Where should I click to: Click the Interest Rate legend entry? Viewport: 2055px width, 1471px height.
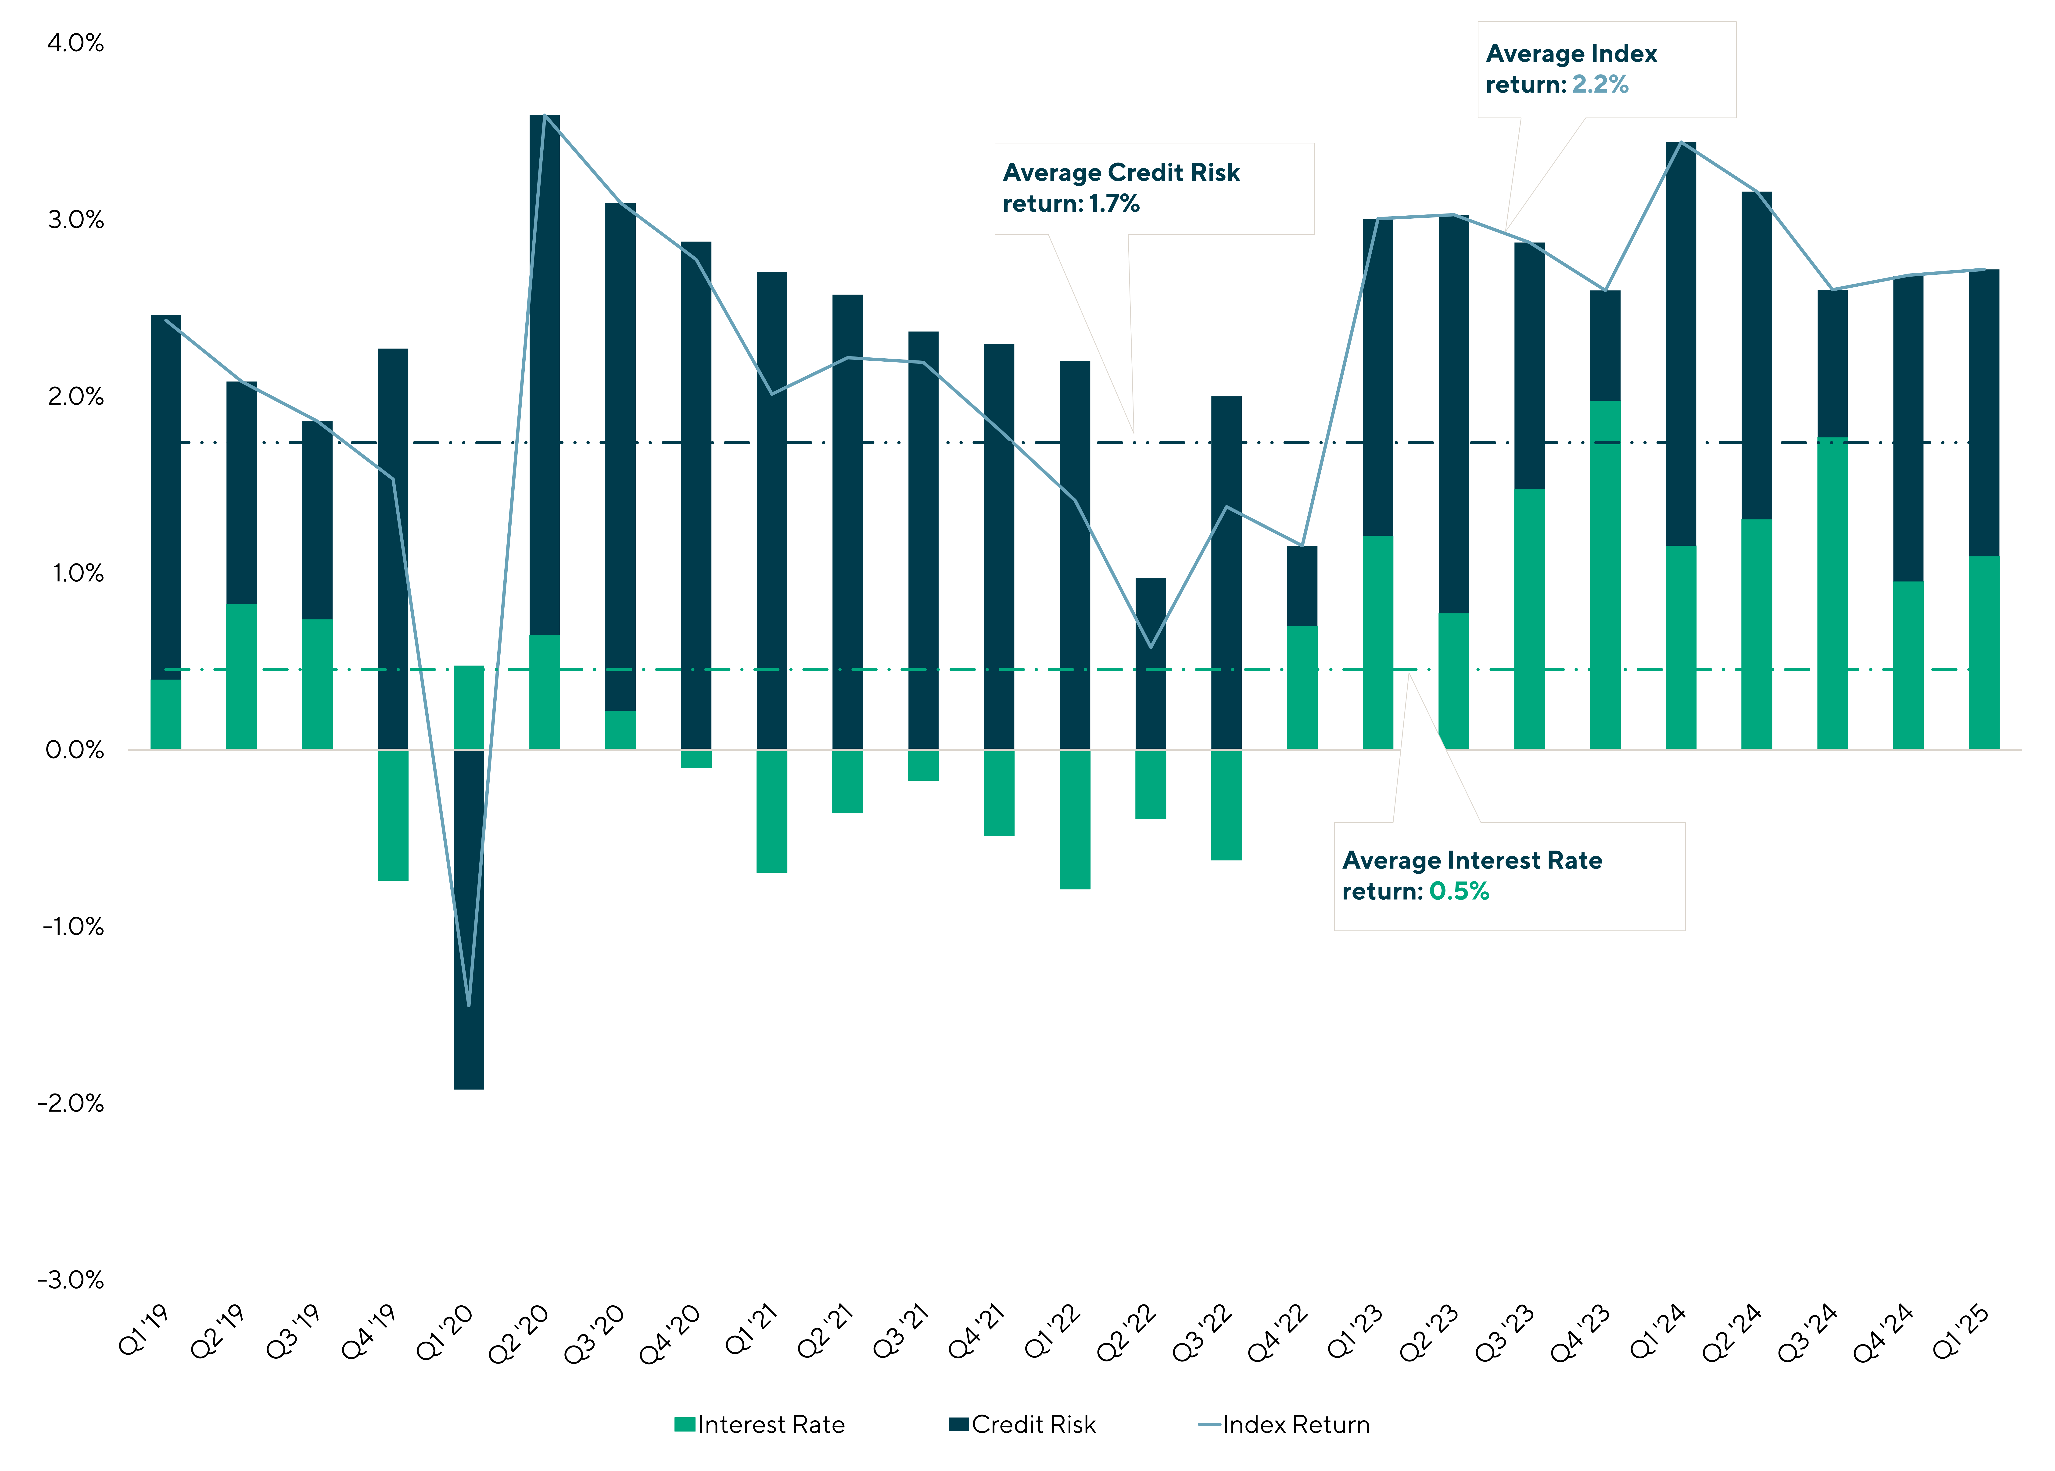(770, 1425)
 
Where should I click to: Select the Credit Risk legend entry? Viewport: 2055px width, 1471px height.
(1033, 1425)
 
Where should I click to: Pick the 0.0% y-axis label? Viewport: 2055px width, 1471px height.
(75, 750)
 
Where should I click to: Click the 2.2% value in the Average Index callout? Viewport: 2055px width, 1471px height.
(1600, 84)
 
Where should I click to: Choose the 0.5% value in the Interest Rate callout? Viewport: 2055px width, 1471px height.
(1459, 891)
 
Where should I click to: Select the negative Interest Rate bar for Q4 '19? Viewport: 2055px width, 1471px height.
(393, 815)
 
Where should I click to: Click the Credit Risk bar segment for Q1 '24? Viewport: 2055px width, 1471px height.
(1681, 344)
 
